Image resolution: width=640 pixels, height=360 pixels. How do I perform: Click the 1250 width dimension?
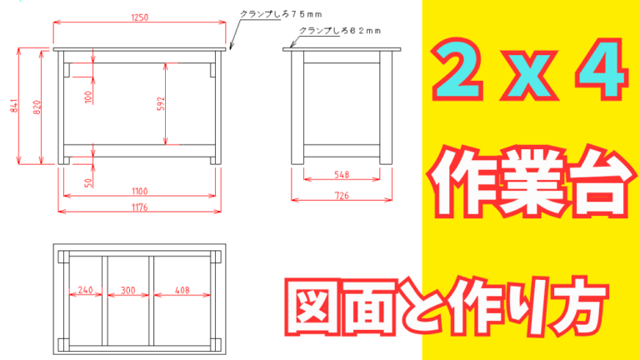139,17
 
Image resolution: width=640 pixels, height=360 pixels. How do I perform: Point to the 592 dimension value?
162,104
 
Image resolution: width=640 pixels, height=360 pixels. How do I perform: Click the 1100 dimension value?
139,192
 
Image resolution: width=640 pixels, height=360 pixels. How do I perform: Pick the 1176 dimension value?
139,207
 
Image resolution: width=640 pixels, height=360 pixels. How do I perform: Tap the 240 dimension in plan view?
85,291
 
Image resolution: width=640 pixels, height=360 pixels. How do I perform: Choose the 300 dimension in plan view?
127,291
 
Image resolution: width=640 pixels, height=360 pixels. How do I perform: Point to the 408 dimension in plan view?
182,291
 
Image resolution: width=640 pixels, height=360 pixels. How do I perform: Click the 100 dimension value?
88,97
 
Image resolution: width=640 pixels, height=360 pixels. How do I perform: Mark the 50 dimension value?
88,181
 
